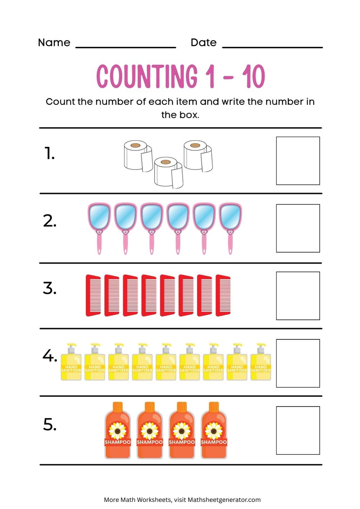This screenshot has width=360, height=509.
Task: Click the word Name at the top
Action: pyautogui.click(x=54, y=42)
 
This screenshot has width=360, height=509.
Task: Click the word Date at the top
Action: pyautogui.click(x=203, y=42)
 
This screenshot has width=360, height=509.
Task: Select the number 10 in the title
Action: pyautogui.click(x=253, y=76)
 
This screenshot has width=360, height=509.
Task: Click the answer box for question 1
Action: pyautogui.click(x=298, y=161)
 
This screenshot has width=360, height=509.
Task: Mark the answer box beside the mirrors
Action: pyautogui.click(x=298, y=228)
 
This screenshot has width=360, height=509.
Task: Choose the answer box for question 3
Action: pyautogui.click(x=298, y=296)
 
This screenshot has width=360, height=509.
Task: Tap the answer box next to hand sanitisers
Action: pyautogui.click(x=298, y=363)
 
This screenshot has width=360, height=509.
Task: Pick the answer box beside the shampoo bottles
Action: pyautogui.click(x=298, y=430)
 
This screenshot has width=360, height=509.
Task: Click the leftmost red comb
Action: pyautogui.click(x=93, y=295)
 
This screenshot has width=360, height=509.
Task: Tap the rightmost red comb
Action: pyautogui.click(x=223, y=295)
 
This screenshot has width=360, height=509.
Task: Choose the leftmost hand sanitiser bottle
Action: pyautogui.click(x=71, y=363)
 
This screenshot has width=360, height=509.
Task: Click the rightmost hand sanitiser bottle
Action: pyautogui.click(x=260, y=363)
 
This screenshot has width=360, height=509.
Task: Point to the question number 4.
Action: pyautogui.click(x=50, y=356)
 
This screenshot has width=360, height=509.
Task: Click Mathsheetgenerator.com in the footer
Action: pyautogui.click(x=224, y=499)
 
